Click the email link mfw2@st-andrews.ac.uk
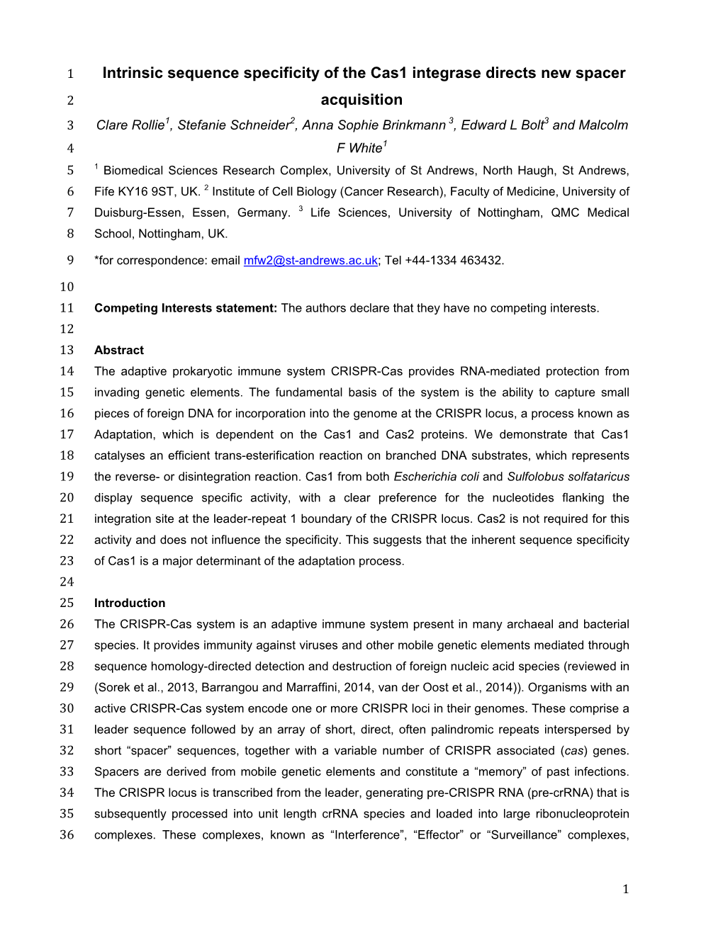pos(310,261)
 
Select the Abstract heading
pos(118,350)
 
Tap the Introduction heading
pos(129,603)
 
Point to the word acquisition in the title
pos(361,100)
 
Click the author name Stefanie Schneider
pos(233,125)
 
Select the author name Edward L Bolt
pos(502,125)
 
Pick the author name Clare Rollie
pos(130,125)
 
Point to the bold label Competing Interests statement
pos(185,308)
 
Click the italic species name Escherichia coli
pos(436,477)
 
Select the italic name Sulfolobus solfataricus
pos(568,477)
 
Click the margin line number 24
pos(67,582)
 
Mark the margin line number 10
pos(67,287)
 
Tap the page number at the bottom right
pos(625,890)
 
